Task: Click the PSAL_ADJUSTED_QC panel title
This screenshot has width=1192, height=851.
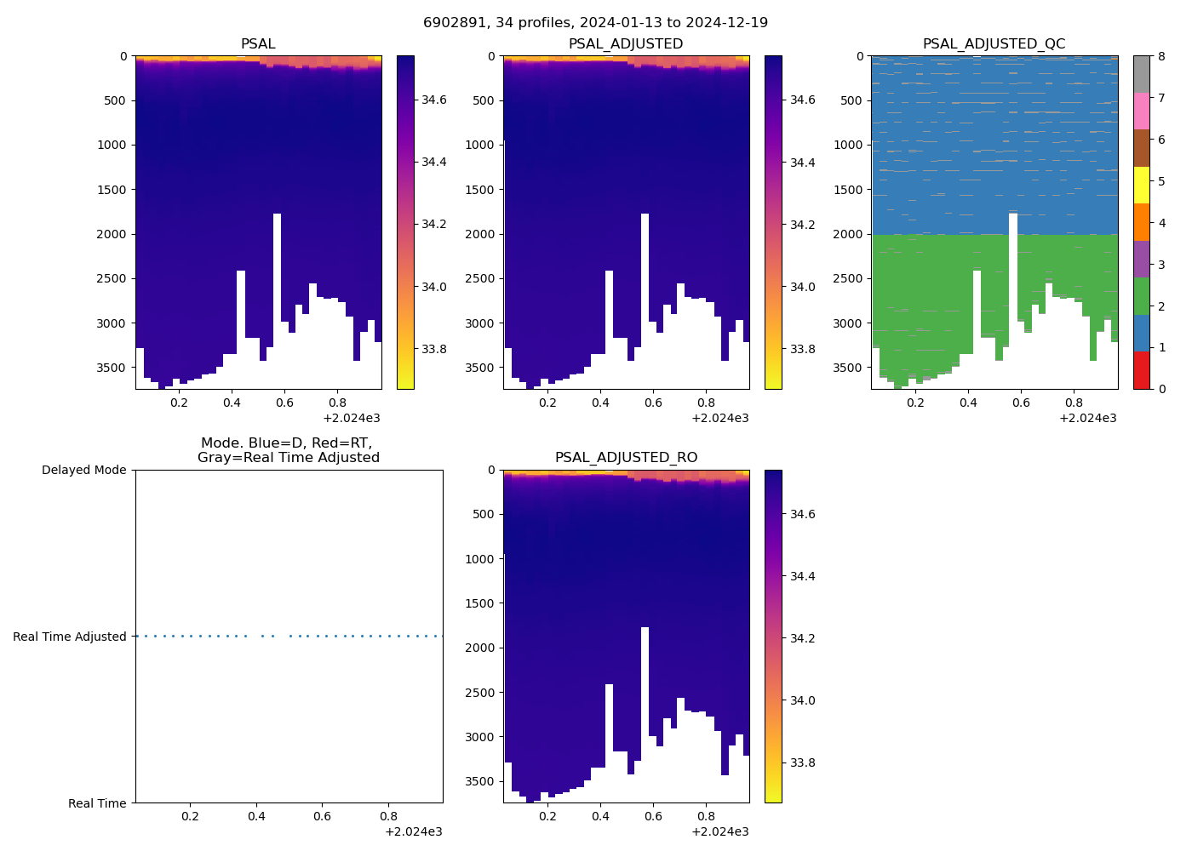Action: pos(994,44)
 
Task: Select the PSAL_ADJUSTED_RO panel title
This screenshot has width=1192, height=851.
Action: pos(626,458)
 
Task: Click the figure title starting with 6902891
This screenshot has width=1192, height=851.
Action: pos(595,23)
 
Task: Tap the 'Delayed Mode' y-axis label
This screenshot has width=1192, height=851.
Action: pos(83,471)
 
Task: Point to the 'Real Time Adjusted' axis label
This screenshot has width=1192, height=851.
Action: pos(69,637)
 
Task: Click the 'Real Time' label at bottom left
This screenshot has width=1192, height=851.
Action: pos(97,803)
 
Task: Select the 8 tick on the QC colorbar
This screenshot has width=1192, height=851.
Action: pos(1161,57)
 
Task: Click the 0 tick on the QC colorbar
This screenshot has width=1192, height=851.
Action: pos(1161,389)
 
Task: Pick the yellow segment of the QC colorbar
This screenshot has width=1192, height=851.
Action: pos(1141,185)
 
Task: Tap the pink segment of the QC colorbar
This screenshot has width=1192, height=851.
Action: pos(1141,111)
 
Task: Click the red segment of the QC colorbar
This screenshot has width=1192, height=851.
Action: pos(1141,370)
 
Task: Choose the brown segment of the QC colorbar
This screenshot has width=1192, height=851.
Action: pos(1141,148)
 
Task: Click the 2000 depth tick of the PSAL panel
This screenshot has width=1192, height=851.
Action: pos(112,234)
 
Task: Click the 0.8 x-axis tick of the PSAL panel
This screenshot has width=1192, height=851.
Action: pos(337,403)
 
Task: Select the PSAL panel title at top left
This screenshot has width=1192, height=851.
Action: pos(258,44)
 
